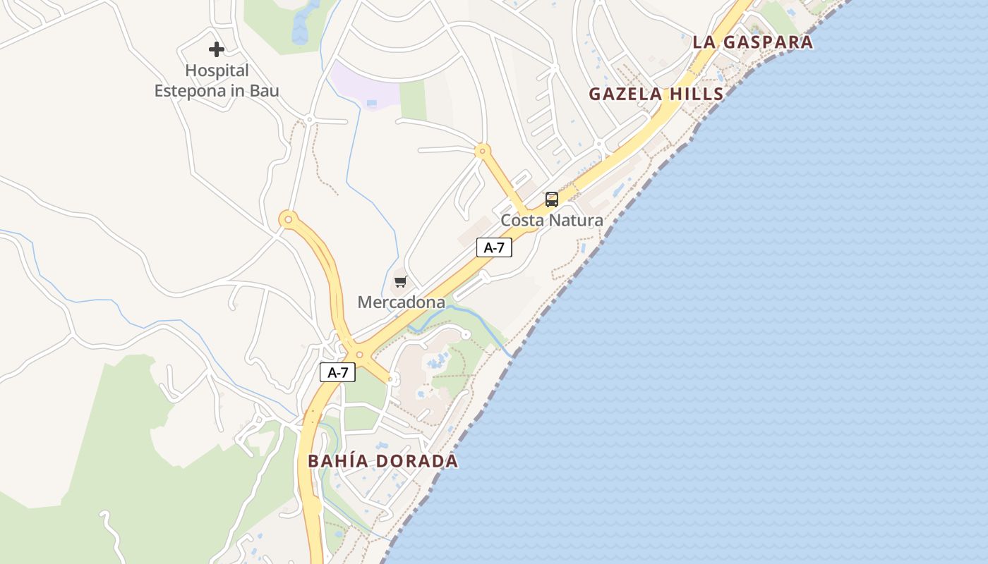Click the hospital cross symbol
pos(217,49)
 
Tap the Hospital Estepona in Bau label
pos(217,80)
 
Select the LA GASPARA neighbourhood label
pos(752,42)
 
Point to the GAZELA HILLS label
pos(656,94)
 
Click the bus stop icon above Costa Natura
pos(552,200)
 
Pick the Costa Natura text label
pos(552,220)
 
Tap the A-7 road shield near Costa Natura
pos(494,247)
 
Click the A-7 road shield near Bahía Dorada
pos(337,372)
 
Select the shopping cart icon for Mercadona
pos(401,282)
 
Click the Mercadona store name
pos(401,302)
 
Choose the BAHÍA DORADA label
pos(383,461)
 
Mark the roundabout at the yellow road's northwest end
pos(288,219)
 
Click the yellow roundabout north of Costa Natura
pos(483,150)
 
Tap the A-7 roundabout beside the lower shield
pos(359,355)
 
